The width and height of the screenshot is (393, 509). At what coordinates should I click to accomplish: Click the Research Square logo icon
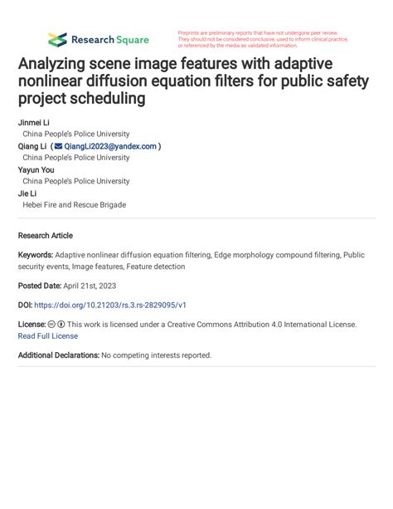pyautogui.click(x=57, y=39)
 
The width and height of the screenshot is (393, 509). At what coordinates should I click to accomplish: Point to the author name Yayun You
pyautogui.click(x=38, y=169)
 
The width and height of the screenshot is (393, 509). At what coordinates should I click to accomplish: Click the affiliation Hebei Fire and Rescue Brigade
pyautogui.click(x=74, y=204)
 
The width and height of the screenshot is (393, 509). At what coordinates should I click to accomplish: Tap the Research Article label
pyautogui.click(x=45, y=235)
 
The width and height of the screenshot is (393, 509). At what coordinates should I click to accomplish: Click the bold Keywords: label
pyautogui.click(x=36, y=256)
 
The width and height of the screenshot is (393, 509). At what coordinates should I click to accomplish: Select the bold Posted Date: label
pyautogui.click(x=43, y=285)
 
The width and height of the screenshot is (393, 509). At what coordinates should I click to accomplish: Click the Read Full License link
pyautogui.click(x=47, y=336)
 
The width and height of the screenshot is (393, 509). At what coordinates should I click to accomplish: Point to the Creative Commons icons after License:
pyautogui.click(x=56, y=325)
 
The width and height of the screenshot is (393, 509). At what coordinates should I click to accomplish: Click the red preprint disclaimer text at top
pyautogui.click(x=262, y=39)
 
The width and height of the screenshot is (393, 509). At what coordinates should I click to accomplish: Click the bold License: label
pyautogui.click(x=32, y=325)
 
